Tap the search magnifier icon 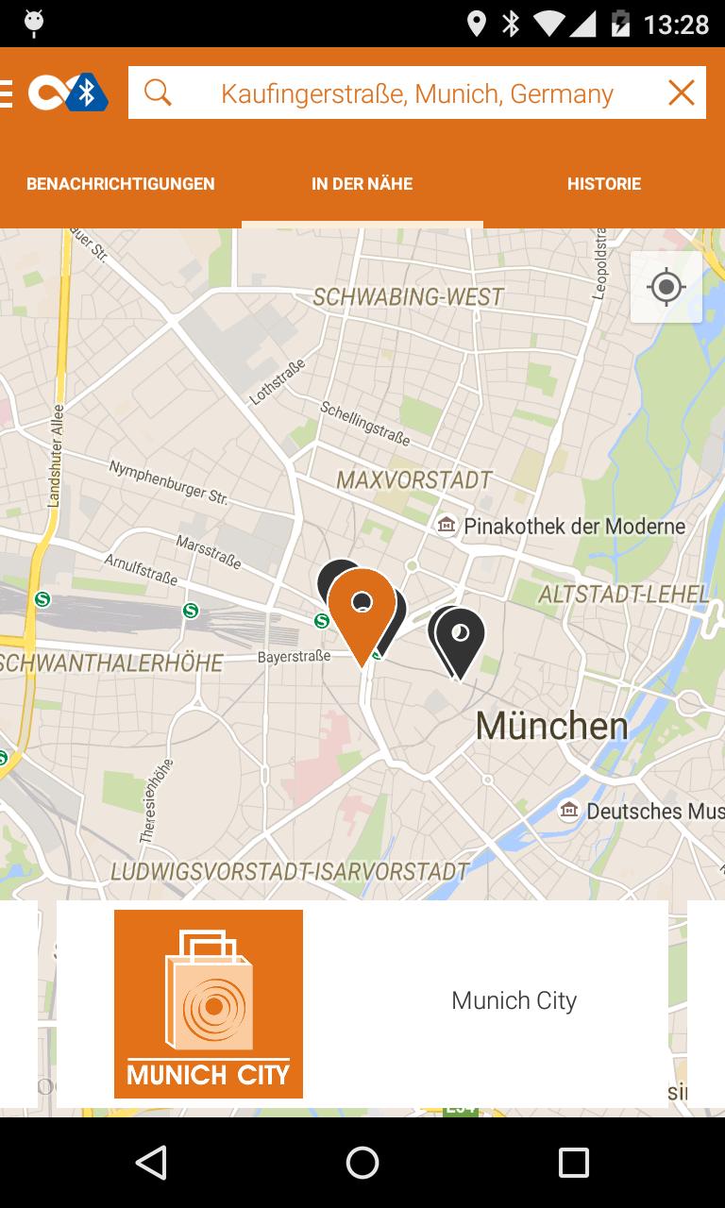click(158, 92)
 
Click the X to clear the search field click(681, 92)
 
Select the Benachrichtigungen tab click(121, 184)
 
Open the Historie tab click(604, 184)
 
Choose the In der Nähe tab click(362, 184)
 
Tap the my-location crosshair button click(666, 287)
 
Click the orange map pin click(362, 609)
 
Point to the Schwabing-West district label click(408, 297)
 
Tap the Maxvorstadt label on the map click(414, 480)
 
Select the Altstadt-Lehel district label click(623, 595)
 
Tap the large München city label click(551, 726)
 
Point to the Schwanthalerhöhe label click(111, 663)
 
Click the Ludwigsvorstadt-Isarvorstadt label click(290, 871)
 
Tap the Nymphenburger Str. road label click(168, 481)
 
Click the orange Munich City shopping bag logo click(209, 1003)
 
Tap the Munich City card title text click(514, 1000)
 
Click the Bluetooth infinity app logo click(68, 92)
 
